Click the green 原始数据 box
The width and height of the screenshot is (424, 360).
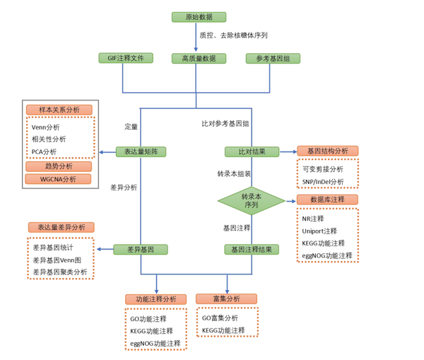pyautogui.click(x=199, y=17)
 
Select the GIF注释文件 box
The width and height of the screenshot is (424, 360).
pyautogui.click(x=126, y=58)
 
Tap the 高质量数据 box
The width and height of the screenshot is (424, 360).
pyautogui.click(x=199, y=59)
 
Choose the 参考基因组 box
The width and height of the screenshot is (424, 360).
pyautogui.click(x=273, y=59)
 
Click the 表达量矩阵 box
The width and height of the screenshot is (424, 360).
pyautogui.click(x=141, y=151)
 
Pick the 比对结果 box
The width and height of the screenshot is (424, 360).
pyautogui.click(x=252, y=151)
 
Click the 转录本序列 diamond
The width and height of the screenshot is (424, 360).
pyautogui.click(x=252, y=201)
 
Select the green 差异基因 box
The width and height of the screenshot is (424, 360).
pyautogui.click(x=141, y=249)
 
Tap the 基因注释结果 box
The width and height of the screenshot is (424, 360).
pyautogui.click(x=252, y=249)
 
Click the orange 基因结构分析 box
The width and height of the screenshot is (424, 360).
pyautogui.click(x=328, y=151)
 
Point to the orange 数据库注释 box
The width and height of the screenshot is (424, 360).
pyautogui.click(x=327, y=199)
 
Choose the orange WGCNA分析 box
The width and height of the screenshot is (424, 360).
pyautogui.click(x=58, y=179)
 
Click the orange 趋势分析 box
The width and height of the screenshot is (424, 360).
pyautogui.click(x=59, y=166)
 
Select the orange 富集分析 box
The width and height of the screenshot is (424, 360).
pyautogui.click(x=226, y=298)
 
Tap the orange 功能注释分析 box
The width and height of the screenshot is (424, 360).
pyautogui.click(x=155, y=299)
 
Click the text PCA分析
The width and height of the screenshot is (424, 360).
pyautogui.click(x=44, y=152)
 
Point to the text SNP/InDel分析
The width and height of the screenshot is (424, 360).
pyautogui.click(x=323, y=182)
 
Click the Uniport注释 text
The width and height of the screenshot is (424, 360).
pyautogui.click(x=319, y=231)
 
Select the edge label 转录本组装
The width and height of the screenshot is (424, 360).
pyautogui.click(x=234, y=173)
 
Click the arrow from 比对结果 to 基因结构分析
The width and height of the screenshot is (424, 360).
pyautogui.click(x=288, y=152)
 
